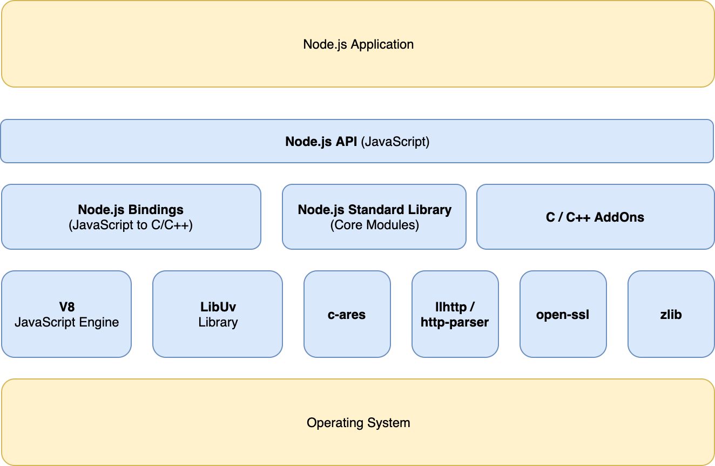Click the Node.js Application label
point(358,44)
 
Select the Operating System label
point(358,423)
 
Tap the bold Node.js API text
point(321,142)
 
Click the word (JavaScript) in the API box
point(395,142)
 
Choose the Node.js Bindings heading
point(131,210)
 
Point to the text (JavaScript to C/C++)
point(131,225)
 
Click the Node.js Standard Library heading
point(374,210)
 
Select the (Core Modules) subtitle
point(374,225)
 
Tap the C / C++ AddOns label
point(595,217)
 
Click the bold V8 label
point(66,307)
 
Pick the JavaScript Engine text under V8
point(66,322)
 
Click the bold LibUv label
point(218,307)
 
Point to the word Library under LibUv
point(218,322)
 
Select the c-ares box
point(347,315)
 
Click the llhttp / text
point(455,307)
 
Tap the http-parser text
point(455,322)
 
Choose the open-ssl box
point(563,315)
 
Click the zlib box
point(671,315)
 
